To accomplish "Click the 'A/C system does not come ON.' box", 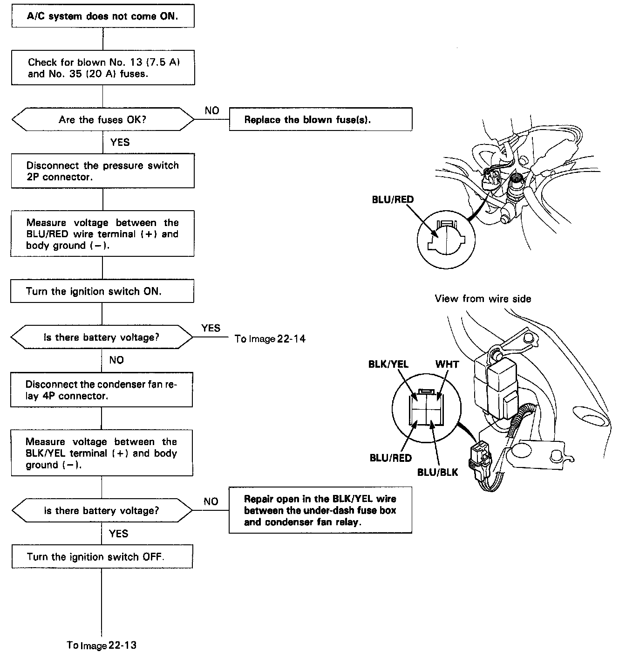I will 102,17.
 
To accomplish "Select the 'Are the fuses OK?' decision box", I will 102,120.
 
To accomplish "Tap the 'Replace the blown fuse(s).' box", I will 320,119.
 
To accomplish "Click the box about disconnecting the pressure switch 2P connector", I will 102,171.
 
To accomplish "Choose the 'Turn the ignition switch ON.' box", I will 102,291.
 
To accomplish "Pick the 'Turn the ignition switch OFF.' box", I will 102,557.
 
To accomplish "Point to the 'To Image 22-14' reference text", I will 270,339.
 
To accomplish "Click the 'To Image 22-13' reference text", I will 102,645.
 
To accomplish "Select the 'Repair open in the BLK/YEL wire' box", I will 320,510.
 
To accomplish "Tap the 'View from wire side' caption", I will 483,299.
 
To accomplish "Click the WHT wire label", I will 447,364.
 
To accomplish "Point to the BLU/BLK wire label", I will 437,472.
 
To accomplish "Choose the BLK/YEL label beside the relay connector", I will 388,364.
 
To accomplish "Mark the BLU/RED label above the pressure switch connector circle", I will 393,199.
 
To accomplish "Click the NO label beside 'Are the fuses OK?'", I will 211,110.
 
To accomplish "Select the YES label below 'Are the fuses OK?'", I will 120,142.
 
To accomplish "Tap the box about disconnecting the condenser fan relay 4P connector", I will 102,390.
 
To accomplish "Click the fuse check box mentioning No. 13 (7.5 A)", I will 103,68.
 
